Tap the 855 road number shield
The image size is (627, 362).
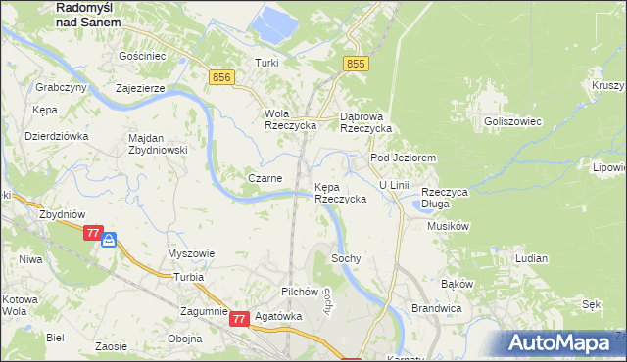[x=356, y=64]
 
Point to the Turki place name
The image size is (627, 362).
[x=267, y=63]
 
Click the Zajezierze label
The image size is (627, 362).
[x=146, y=87]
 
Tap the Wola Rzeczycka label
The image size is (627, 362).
[x=290, y=119]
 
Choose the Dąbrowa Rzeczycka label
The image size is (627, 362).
[x=365, y=121]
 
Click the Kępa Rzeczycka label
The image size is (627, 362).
[x=340, y=192]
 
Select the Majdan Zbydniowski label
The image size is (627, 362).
[x=158, y=144]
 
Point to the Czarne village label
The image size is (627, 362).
[x=265, y=178]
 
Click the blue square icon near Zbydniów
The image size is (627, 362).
[x=109, y=238]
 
